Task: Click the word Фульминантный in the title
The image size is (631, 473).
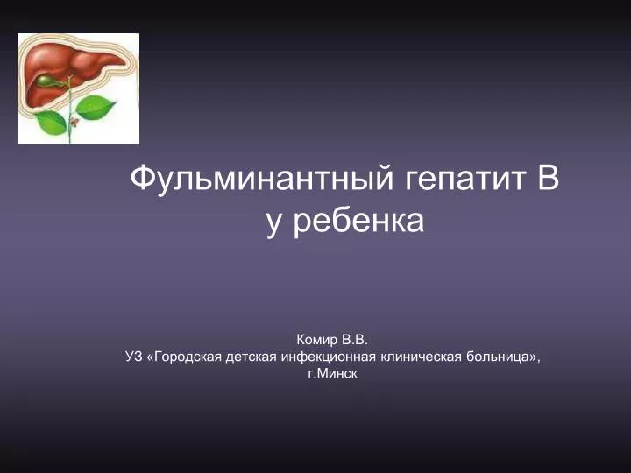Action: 261,180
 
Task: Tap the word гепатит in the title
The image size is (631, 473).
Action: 465,180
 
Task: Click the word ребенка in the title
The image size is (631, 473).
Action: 358,221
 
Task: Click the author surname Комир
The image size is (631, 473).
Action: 317,340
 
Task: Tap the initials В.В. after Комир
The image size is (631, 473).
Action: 355,340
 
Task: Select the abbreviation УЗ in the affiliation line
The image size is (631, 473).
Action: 134,357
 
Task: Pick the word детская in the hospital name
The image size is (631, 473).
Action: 252,357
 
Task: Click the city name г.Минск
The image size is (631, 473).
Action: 332,374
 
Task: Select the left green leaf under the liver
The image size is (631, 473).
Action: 52,123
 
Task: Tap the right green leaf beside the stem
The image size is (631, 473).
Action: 95,107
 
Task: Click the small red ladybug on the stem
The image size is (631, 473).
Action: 74,121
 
